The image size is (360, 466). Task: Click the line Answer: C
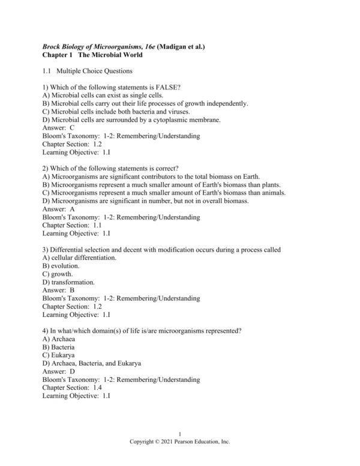(59, 128)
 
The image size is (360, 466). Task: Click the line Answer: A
(59, 209)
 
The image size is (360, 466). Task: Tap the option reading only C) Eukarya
(59, 354)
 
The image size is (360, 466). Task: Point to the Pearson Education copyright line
(180, 441)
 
